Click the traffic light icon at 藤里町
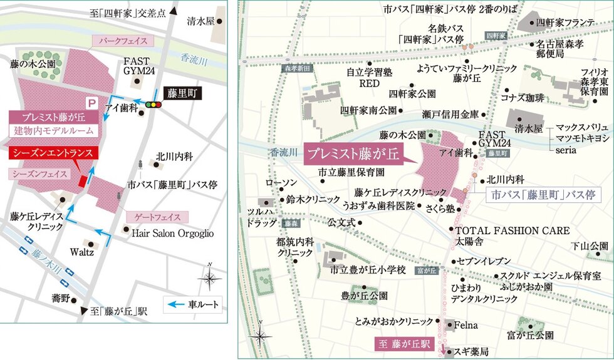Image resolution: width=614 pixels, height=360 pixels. tap(152, 105)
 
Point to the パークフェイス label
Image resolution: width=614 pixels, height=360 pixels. tap(123, 41)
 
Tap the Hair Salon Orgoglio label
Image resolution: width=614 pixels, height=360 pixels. tap(173, 233)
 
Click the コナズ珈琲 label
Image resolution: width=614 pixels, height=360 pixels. tap(523, 98)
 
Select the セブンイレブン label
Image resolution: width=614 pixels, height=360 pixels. tap(482, 260)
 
